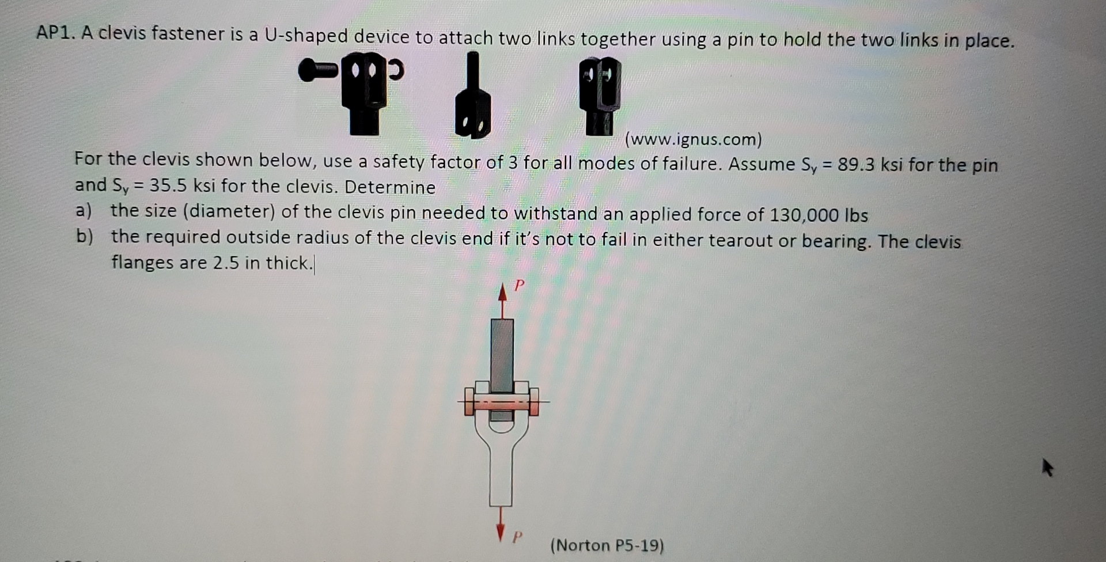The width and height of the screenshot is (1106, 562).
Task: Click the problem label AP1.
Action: (x=55, y=33)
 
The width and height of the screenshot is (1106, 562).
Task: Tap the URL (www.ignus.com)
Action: (x=693, y=139)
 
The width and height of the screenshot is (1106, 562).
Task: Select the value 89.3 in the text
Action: (x=856, y=165)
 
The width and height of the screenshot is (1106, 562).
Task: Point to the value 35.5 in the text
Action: (x=168, y=185)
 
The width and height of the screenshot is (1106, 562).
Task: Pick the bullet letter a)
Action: (x=84, y=211)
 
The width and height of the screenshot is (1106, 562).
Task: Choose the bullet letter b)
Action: (x=85, y=237)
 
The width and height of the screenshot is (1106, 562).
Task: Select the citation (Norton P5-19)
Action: (x=607, y=545)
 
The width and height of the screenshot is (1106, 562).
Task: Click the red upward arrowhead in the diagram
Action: (x=503, y=293)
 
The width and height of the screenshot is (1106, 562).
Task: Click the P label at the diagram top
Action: (x=519, y=285)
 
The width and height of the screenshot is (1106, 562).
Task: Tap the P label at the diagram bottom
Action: (x=517, y=537)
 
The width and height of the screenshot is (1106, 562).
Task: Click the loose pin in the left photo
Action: (x=319, y=70)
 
